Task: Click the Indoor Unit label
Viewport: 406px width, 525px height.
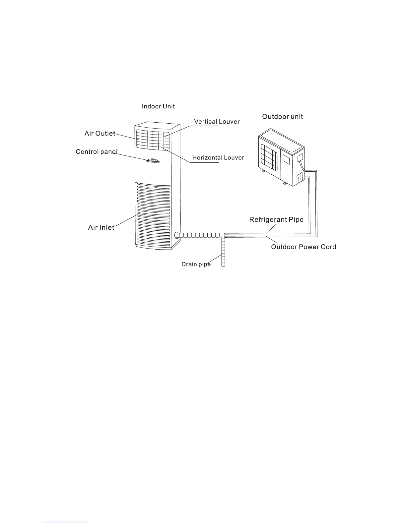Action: (158, 106)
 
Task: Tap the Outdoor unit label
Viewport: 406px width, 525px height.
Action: (282, 117)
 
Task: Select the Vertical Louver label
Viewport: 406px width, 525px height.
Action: (217, 122)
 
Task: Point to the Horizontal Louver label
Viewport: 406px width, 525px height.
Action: (218, 158)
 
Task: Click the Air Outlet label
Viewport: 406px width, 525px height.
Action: (100, 134)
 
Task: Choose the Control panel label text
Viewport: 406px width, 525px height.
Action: (97, 152)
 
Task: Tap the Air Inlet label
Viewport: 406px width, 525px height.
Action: (101, 227)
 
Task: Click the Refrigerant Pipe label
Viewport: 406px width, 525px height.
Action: (276, 219)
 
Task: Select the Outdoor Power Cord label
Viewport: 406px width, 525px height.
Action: (304, 247)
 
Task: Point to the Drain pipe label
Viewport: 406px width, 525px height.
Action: (196, 264)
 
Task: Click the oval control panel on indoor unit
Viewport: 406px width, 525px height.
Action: (153, 161)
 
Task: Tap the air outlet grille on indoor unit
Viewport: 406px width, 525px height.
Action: (153, 139)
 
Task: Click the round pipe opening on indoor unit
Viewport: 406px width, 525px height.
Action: (176, 235)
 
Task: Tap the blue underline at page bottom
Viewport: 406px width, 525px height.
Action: (66, 522)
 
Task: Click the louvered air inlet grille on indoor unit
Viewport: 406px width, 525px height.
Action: (153, 215)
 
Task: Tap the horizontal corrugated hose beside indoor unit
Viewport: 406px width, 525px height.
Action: (199, 235)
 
